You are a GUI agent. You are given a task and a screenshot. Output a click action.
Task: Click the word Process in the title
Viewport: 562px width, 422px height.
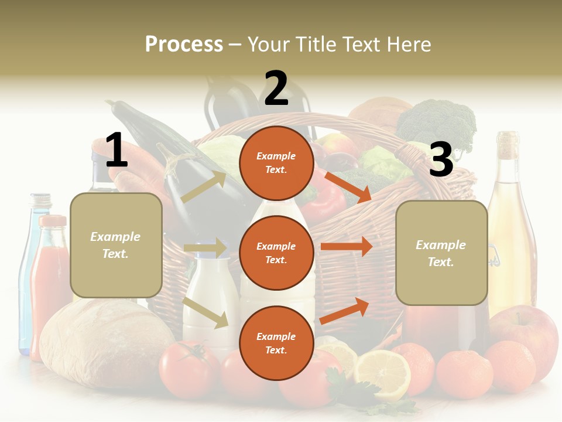point(184,45)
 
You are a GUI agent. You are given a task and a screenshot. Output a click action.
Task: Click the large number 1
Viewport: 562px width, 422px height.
point(116,150)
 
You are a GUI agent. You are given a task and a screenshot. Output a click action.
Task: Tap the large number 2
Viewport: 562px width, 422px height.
point(276,89)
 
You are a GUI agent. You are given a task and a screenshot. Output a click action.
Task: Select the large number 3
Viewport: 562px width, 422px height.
point(441,159)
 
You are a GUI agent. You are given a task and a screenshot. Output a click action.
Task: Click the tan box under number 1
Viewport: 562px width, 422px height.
point(116,245)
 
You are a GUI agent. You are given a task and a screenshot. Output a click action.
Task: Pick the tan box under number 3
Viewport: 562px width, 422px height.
point(441,253)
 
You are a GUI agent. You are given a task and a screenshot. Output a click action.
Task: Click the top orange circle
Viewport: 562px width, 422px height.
point(276,163)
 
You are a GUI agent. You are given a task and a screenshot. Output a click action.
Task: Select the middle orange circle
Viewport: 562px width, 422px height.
point(276,253)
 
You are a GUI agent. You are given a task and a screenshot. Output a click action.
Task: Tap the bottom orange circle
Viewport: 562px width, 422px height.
point(276,343)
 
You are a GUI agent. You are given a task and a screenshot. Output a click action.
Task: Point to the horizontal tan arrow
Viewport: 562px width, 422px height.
point(205,248)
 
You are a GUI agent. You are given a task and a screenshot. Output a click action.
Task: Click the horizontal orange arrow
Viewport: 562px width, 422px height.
point(347,246)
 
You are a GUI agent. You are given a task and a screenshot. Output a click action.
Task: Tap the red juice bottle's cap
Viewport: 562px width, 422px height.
point(53,221)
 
